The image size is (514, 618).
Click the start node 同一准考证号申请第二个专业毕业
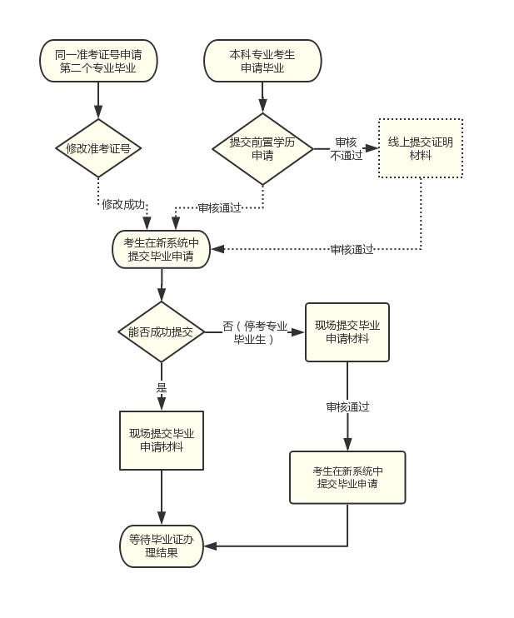point(98,61)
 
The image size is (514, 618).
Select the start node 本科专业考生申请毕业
point(262,61)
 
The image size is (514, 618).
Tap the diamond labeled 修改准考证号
point(98,148)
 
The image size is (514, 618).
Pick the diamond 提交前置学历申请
point(262,148)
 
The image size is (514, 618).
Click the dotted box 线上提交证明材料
point(421,148)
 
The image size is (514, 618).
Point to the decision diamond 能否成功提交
point(162,331)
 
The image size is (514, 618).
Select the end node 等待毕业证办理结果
point(162,546)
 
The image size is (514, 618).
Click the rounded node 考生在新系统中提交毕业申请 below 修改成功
point(162,250)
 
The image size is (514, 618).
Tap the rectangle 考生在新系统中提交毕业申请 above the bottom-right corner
point(347,477)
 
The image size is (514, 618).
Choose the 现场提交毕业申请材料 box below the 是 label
point(162,441)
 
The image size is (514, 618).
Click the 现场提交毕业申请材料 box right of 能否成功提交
point(347,331)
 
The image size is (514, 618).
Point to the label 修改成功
point(123,204)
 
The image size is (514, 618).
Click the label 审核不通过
point(346,148)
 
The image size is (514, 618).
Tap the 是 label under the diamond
point(162,388)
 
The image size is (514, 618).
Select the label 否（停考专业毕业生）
point(255,332)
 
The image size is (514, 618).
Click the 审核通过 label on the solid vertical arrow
point(347,406)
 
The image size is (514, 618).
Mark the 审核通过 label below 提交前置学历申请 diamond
point(219,207)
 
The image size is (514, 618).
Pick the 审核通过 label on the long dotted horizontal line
point(352,249)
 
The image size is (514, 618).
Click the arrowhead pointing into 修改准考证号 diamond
point(98,112)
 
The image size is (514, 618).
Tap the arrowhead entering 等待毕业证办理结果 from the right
point(210,546)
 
